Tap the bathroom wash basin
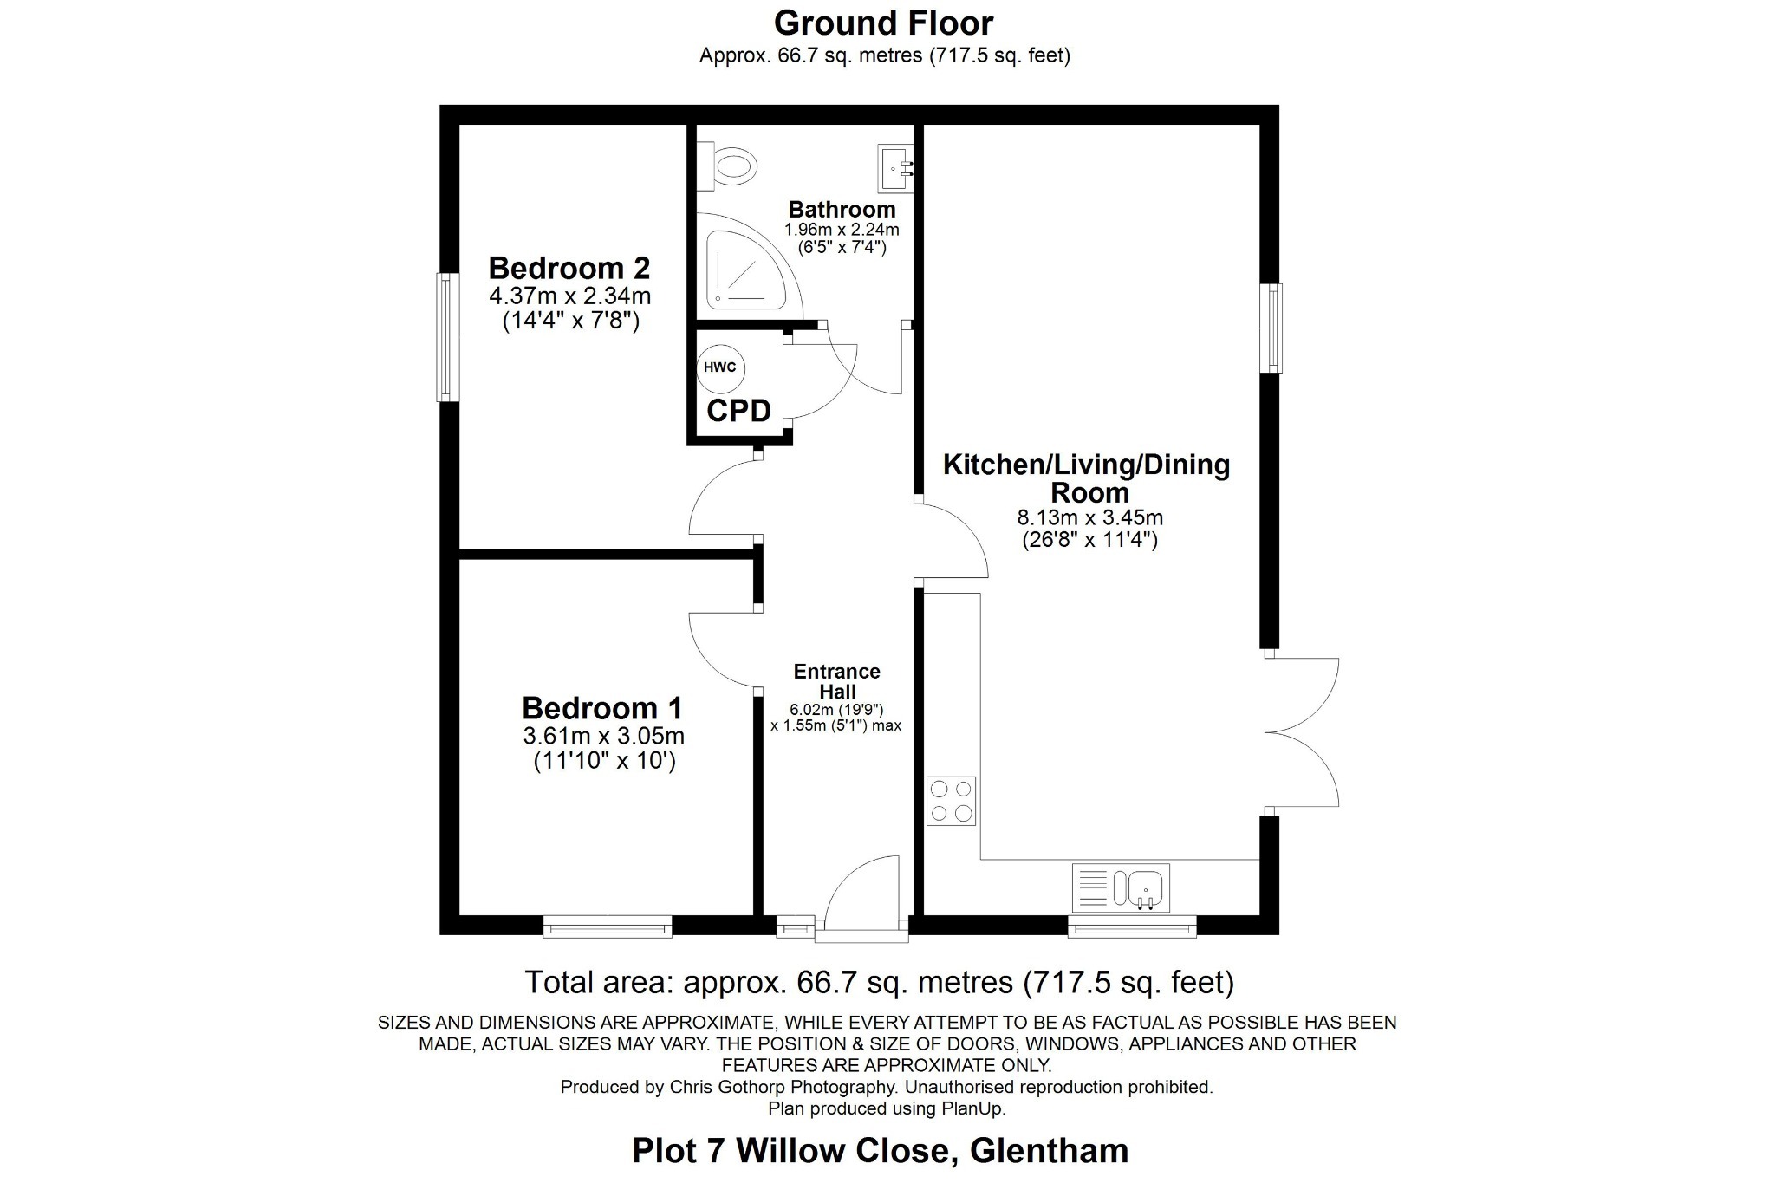[895, 168]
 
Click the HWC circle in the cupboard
[720, 367]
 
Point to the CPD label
[738, 411]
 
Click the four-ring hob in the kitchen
[951, 800]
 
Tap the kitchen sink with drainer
[1121, 888]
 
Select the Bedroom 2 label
[569, 268]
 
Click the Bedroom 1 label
[601, 708]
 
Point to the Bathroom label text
[842, 210]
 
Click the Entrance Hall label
[836, 681]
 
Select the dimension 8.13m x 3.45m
[1089, 518]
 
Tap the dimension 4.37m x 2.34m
[569, 296]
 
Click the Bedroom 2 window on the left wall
[447, 337]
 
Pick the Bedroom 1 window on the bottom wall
[608, 927]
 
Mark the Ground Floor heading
[883, 23]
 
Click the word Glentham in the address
[1049, 1151]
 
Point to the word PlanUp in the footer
[974, 1108]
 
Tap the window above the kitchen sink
[1132, 927]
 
